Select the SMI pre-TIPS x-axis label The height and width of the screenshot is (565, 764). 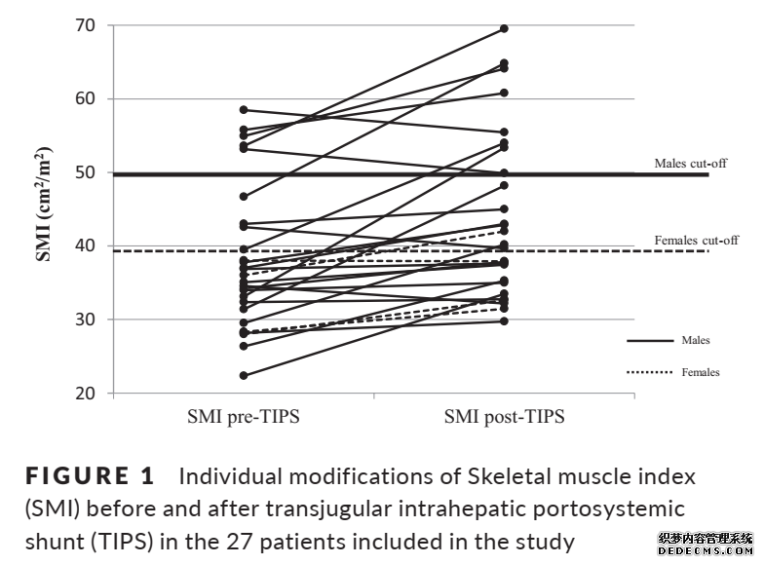pos(243,418)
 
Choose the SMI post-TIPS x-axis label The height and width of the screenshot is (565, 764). pos(504,418)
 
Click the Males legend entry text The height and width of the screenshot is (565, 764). pos(696,341)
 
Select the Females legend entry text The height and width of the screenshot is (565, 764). pos(701,372)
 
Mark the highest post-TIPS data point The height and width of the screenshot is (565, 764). pos(504,28)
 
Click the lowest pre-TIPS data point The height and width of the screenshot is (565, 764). pos(243,375)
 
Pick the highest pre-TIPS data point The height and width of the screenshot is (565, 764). pos(243,110)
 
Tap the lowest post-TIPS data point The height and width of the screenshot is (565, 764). pos(504,320)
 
